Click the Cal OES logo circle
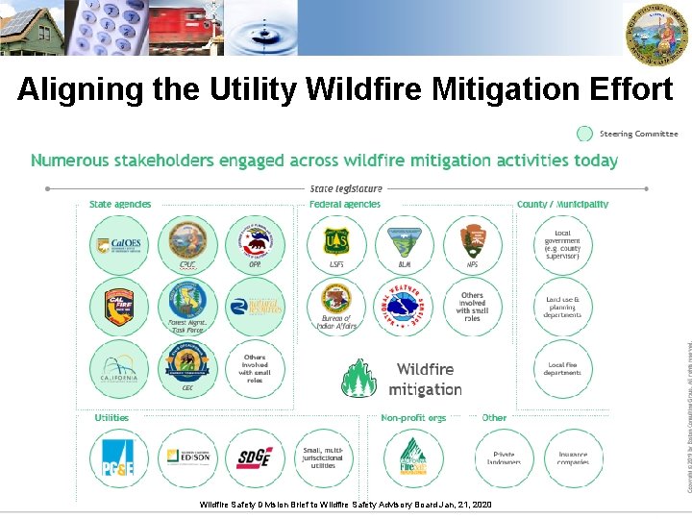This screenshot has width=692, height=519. click(119, 245)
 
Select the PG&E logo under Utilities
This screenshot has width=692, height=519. click(119, 457)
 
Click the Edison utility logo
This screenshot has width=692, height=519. click(187, 457)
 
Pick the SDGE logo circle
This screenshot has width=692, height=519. click(256, 457)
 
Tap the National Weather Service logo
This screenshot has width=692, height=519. click(404, 306)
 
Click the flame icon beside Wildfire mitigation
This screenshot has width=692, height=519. click(359, 378)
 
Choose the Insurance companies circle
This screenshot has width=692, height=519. click(573, 457)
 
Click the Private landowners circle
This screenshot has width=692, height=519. click(504, 457)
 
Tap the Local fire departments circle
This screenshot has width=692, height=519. click(562, 368)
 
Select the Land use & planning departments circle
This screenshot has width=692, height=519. click(562, 307)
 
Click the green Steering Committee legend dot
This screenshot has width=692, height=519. click(584, 134)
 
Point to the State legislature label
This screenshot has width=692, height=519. click(346, 188)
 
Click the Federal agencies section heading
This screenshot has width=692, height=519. click(345, 204)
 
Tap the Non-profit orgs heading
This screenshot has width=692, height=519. click(413, 418)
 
